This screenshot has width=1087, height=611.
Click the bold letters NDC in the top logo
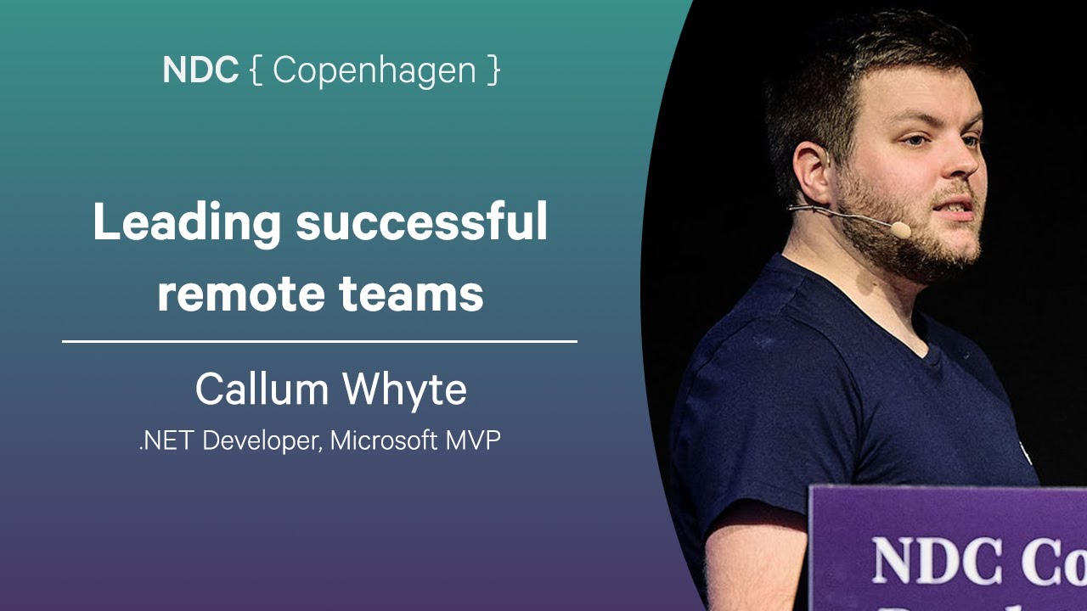(x=200, y=70)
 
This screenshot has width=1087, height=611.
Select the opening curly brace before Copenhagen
(x=256, y=71)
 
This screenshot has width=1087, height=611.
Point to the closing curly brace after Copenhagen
(x=494, y=71)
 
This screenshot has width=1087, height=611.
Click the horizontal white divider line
(x=319, y=341)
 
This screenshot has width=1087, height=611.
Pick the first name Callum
(x=262, y=390)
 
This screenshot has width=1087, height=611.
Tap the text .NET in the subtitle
(x=166, y=441)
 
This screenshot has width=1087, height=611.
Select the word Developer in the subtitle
(x=261, y=442)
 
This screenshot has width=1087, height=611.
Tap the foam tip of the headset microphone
(x=901, y=229)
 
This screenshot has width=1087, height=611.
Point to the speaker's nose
(x=968, y=157)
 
